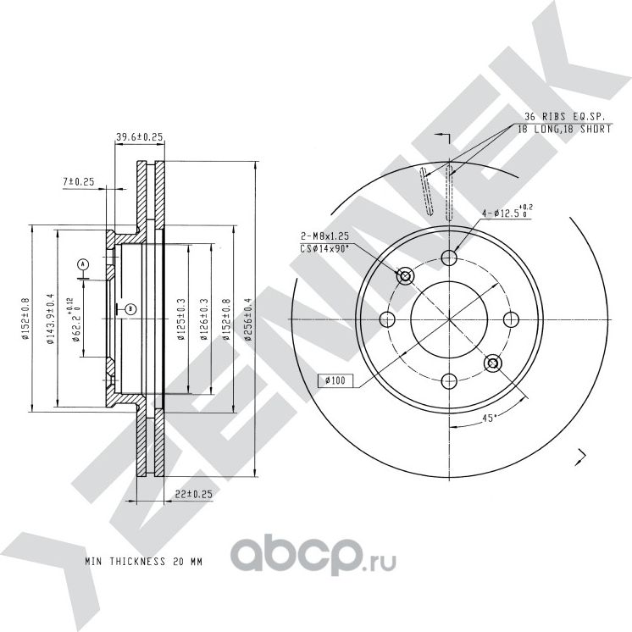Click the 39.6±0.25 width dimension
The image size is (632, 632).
pyautogui.click(x=140, y=136)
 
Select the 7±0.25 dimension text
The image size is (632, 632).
pyautogui.click(x=79, y=181)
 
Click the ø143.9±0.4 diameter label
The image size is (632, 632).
pyautogui.click(x=50, y=318)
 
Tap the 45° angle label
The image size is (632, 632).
pyautogui.click(x=487, y=418)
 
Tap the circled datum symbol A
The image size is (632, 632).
pyautogui.click(x=82, y=265)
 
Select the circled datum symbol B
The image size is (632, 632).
pyautogui.click(x=130, y=309)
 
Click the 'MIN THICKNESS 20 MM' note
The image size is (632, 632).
pyautogui.click(x=144, y=561)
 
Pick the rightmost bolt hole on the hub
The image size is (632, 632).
pyautogui.click(x=511, y=319)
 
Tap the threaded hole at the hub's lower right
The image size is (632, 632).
pyautogui.click(x=493, y=363)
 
